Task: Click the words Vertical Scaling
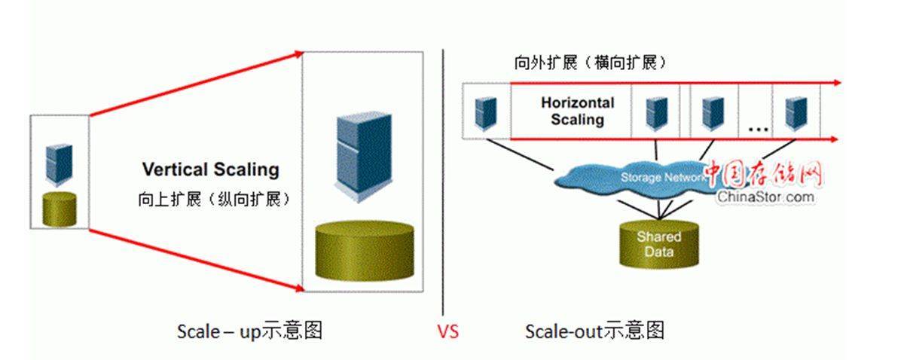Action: coord(211,169)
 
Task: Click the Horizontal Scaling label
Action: coord(578,111)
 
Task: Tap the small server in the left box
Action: coord(59,165)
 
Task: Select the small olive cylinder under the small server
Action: coord(60,209)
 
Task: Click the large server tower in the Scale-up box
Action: coord(364,157)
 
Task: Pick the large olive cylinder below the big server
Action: coord(365,250)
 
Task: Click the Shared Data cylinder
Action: coord(659,244)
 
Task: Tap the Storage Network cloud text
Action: coord(662,178)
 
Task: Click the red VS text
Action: coord(448,331)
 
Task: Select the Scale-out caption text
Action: coord(594,331)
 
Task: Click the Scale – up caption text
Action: coord(249,331)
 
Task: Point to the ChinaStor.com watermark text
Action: coord(765,197)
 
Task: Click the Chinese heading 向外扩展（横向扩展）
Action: coord(590,63)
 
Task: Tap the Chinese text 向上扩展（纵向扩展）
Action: coord(214,199)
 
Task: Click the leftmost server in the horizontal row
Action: coord(486,114)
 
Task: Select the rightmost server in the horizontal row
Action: coord(796,114)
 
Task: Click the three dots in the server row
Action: coord(758,130)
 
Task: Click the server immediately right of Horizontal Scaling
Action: coord(656,114)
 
